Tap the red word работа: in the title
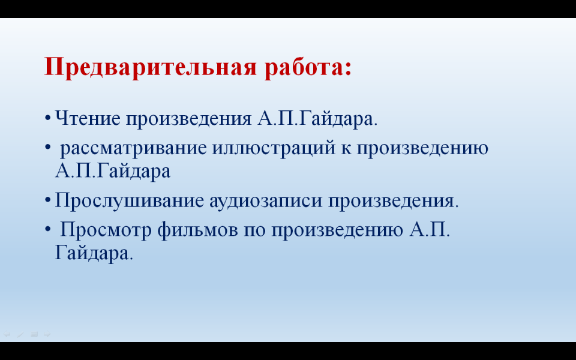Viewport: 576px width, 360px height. pos(308,67)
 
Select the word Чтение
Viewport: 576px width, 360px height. pos(88,118)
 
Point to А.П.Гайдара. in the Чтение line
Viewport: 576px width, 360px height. pos(317,119)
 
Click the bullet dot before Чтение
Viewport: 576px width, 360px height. pos(47,118)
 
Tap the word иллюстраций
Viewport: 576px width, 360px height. pos(274,148)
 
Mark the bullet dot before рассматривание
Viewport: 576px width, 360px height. pos(47,148)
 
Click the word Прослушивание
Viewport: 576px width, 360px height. pos(130,200)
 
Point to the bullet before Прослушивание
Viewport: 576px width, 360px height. pos(47,200)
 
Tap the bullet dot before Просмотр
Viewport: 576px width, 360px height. pos(47,229)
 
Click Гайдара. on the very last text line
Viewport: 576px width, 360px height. pos(94,253)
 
